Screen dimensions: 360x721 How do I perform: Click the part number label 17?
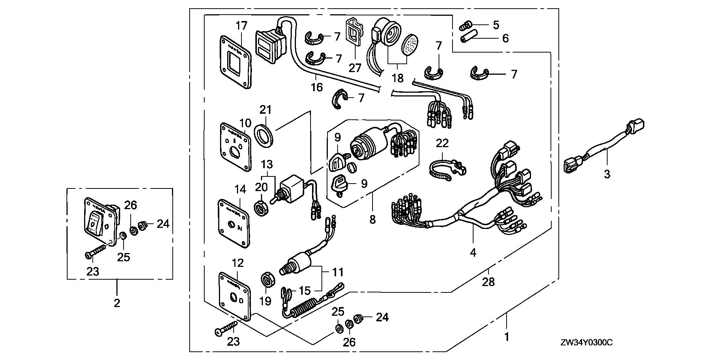[242, 26]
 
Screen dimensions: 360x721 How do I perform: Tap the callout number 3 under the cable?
[607, 174]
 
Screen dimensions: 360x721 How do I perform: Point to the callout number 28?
[488, 282]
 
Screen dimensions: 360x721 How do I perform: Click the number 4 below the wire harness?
[473, 253]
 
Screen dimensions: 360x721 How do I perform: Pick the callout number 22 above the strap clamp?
[442, 143]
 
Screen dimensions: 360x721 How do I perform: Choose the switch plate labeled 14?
[234, 223]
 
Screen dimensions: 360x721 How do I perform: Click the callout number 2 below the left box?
[117, 303]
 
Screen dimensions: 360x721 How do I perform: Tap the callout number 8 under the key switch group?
[372, 219]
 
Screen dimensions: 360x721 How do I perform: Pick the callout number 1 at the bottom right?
[507, 337]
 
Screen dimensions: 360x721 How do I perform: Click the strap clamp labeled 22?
[445, 170]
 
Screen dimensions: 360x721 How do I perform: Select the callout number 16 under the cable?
[317, 87]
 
